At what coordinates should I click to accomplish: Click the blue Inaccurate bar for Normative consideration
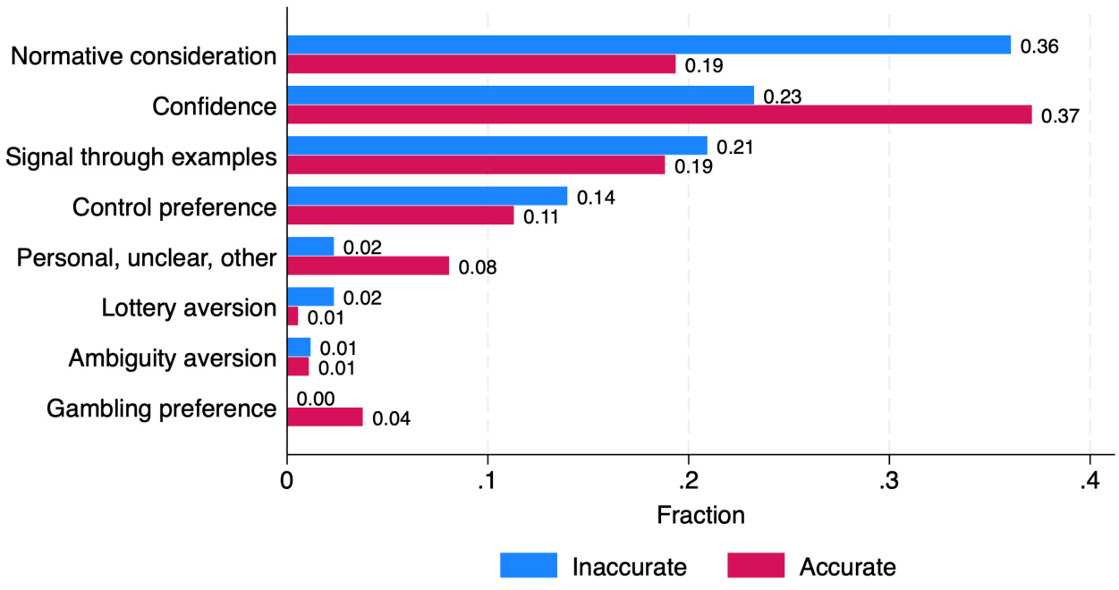tap(649, 45)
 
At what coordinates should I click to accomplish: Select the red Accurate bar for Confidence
tap(659, 114)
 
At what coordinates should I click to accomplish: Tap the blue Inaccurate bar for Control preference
tap(428, 196)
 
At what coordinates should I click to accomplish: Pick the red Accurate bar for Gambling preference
tap(325, 417)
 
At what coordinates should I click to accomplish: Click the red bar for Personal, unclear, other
tap(368, 265)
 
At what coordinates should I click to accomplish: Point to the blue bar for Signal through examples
tap(497, 146)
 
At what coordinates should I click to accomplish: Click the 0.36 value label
tap(1039, 46)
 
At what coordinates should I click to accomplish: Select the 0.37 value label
tap(1061, 115)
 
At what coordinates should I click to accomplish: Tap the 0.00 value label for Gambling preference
tap(316, 399)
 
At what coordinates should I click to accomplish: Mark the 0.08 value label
tap(478, 266)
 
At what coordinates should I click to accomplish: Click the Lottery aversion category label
tap(189, 308)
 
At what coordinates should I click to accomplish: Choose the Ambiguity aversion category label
tap(173, 358)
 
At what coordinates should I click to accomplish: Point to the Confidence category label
tap(215, 106)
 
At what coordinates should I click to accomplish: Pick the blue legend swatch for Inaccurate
tap(529, 566)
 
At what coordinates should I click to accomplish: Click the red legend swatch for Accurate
tap(756, 566)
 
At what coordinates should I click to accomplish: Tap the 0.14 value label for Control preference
tap(596, 197)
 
